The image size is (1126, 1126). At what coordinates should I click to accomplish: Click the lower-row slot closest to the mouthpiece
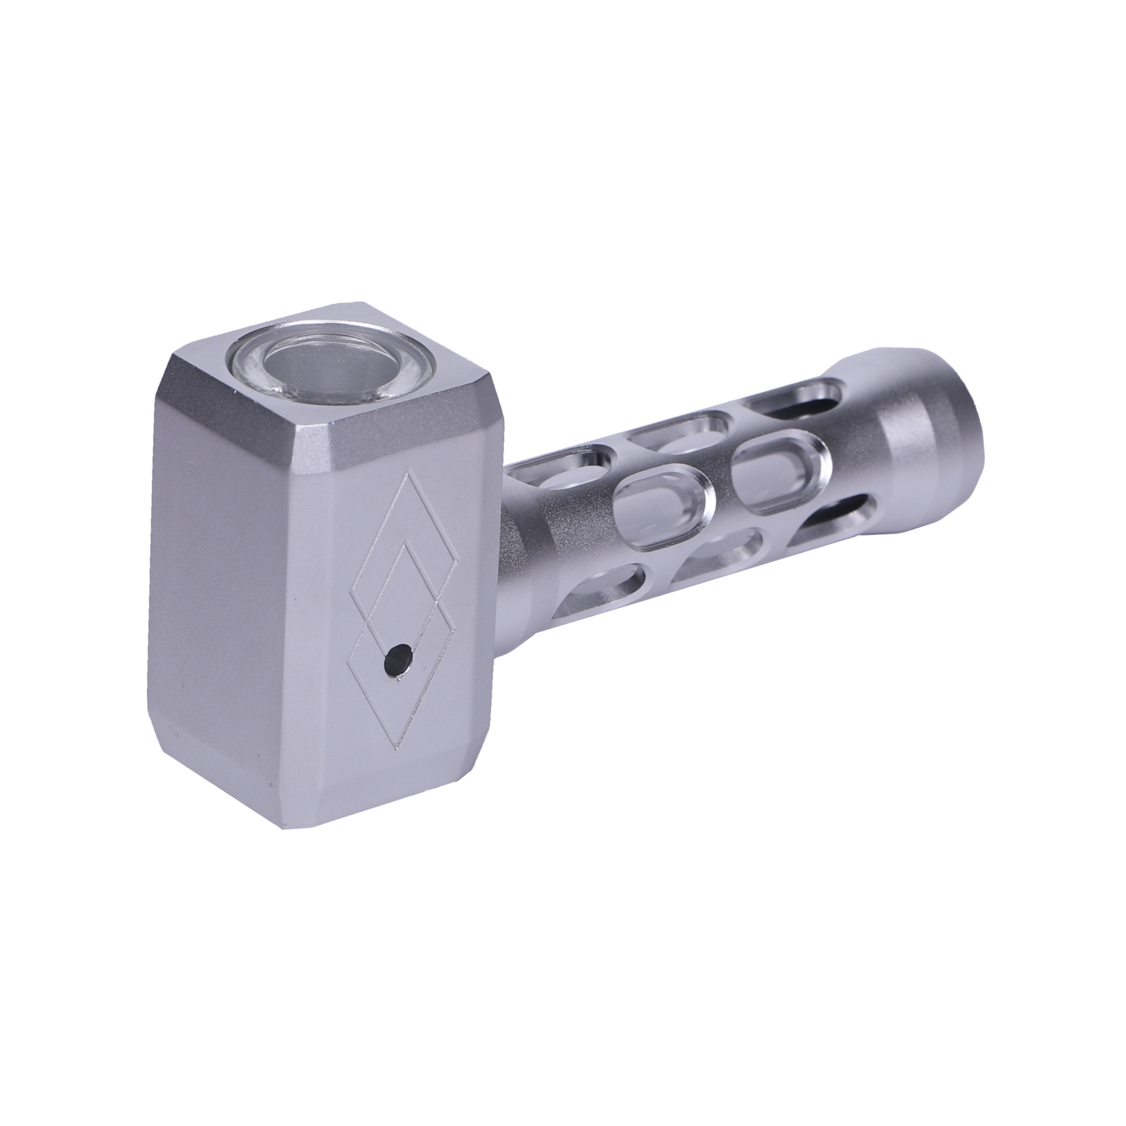[x=834, y=517]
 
